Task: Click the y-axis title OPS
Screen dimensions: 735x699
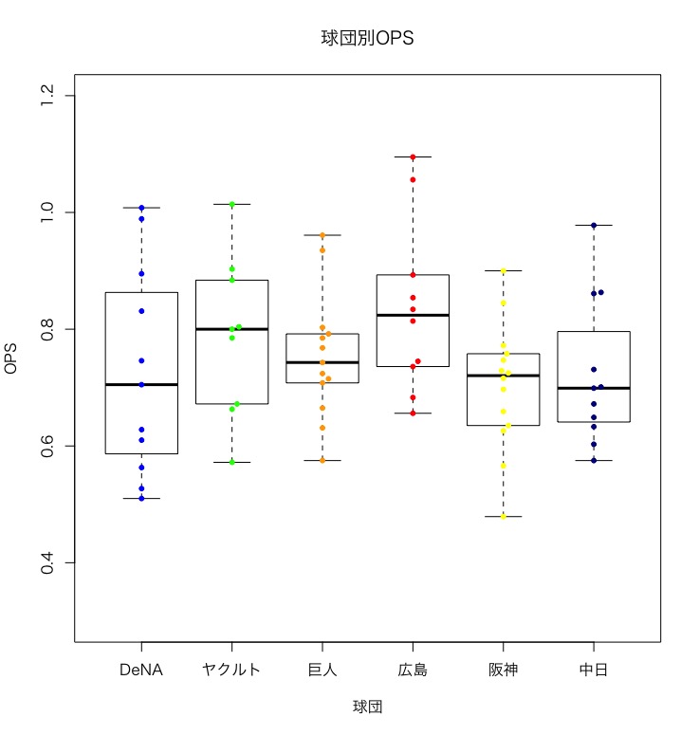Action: point(12,359)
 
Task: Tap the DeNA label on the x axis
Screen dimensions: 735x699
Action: point(141,671)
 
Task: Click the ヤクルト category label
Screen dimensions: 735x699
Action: point(231,671)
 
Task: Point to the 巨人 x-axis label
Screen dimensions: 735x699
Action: point(322,671)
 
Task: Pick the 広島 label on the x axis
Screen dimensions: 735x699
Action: point(413,671)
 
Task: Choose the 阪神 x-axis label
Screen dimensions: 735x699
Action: point(504,671)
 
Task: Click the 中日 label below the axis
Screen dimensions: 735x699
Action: point(594,671)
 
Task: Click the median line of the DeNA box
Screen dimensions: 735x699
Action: point(141,384)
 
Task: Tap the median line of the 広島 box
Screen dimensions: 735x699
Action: point(413,315)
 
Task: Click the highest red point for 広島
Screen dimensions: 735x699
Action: point(413,157)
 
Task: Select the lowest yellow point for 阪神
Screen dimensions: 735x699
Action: point(504,516)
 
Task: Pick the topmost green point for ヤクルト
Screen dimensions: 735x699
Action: point(231,204)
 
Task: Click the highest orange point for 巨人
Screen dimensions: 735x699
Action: point(322,235)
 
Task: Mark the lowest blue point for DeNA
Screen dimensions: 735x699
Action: point(141,498)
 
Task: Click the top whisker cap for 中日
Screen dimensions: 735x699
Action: point(594,225)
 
